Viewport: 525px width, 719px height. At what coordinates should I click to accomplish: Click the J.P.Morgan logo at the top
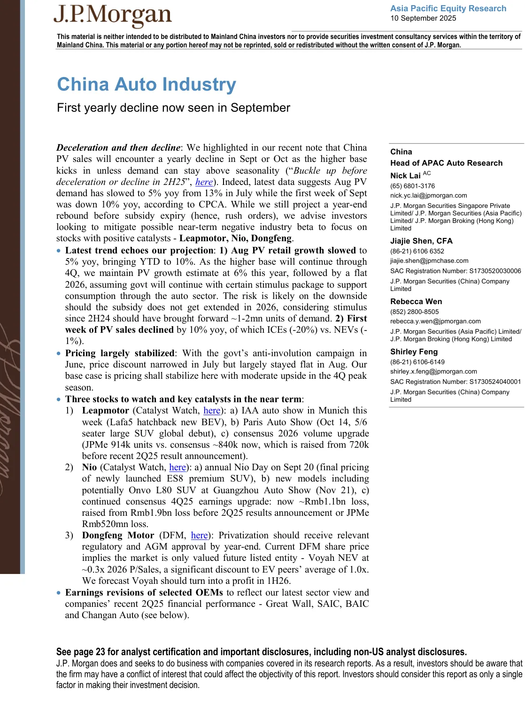pos(113,16)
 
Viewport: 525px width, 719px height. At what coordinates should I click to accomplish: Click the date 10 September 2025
pos(423,18)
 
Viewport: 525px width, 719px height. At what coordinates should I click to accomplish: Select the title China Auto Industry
pos(147,84)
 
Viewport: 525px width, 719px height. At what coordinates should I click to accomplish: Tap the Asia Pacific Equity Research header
pos(448,8)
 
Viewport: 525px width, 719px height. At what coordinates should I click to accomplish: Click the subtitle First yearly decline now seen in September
pos(173,108)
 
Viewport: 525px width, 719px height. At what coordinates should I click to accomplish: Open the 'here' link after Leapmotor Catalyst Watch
pos(212,411)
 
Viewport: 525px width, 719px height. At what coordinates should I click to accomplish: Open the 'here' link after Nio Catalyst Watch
pos(178,467)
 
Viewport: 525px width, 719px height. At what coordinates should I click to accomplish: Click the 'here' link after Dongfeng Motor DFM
pos(199,535)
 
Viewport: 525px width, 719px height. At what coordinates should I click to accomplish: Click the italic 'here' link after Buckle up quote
pos(204,182)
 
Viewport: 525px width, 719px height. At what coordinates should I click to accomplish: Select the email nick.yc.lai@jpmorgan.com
pos(428,196)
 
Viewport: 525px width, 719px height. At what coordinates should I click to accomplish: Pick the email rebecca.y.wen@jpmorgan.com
pos(435,321)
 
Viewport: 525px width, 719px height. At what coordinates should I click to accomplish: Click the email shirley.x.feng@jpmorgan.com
pos(433,372)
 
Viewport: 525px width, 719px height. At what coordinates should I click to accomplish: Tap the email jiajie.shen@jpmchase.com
pos(429,261)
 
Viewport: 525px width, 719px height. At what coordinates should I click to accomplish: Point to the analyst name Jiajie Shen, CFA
pos(421,241)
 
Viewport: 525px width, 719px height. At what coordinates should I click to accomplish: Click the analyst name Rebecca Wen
pos(416,302)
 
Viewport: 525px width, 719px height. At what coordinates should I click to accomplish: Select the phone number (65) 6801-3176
pos(412,186)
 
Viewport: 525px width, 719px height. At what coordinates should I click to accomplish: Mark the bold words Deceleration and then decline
pos(118,148)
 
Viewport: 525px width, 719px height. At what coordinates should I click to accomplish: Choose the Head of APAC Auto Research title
pos(446,163)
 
